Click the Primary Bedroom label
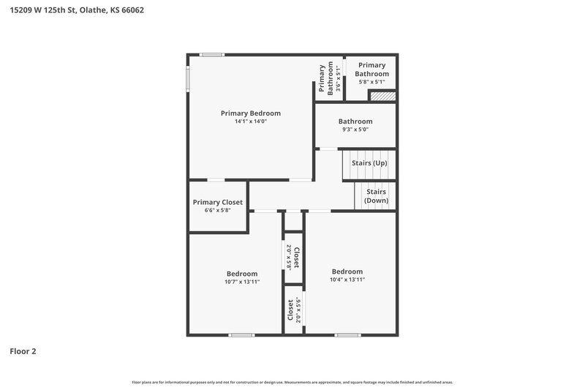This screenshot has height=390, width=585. pyautogui.click(x=251, y=113)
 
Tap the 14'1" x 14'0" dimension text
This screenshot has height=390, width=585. pyautogui.click(x=251, y=122)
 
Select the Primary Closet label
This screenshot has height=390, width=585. pyautogui.click(x=218, y=203)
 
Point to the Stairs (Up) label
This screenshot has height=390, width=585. pyautogui.click(x=369, y=163)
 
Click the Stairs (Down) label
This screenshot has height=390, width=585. pyautogui.click(x=377, y=196)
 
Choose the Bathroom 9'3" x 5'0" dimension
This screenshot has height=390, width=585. pyautogui.click(x=355, y=130)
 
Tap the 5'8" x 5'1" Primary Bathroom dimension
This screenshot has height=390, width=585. pyautogui.click(x=371, y=82)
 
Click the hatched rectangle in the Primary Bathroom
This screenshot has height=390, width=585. pyautogui.click(x=382, y=96)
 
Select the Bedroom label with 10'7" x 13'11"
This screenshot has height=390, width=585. pyautogui.click(x=242, y=274)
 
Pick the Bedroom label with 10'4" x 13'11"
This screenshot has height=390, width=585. pyautogui.click(x=347, y=271)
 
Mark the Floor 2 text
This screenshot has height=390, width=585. pyautogui.click(x=23, y=351)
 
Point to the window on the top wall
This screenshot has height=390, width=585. pyautogui.click(x=212, y=55)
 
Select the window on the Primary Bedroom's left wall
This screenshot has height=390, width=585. pyautogui.click(x=187, y=78)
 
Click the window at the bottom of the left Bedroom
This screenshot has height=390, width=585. pyautogui.click(x=241, y=335)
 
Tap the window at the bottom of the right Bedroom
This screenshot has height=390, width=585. pyautogui.click(x=348, y=335)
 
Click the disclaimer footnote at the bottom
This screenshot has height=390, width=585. pyautogui.click(x=292, y=382)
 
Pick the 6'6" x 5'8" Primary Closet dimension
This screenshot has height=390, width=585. pyautogui.click(x=218, y=211)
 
